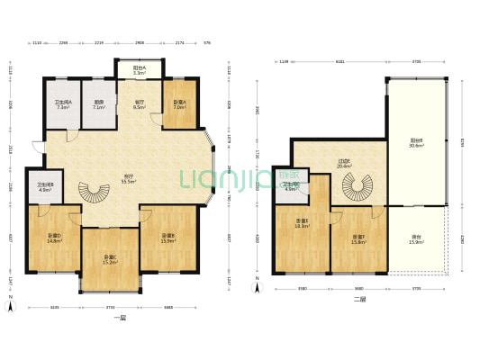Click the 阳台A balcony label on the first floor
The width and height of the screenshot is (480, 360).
tap(140, 68)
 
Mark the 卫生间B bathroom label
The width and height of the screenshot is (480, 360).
tap(45, 186)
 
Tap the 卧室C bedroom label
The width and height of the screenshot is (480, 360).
tap(110, 259)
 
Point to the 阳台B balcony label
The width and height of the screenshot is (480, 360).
tap(416, 142)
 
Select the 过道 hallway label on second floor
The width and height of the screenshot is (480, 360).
tap(343, 164)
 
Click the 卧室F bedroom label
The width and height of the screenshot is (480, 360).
tap(358, 238)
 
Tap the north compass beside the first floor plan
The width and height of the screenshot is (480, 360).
tap(10, 306)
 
